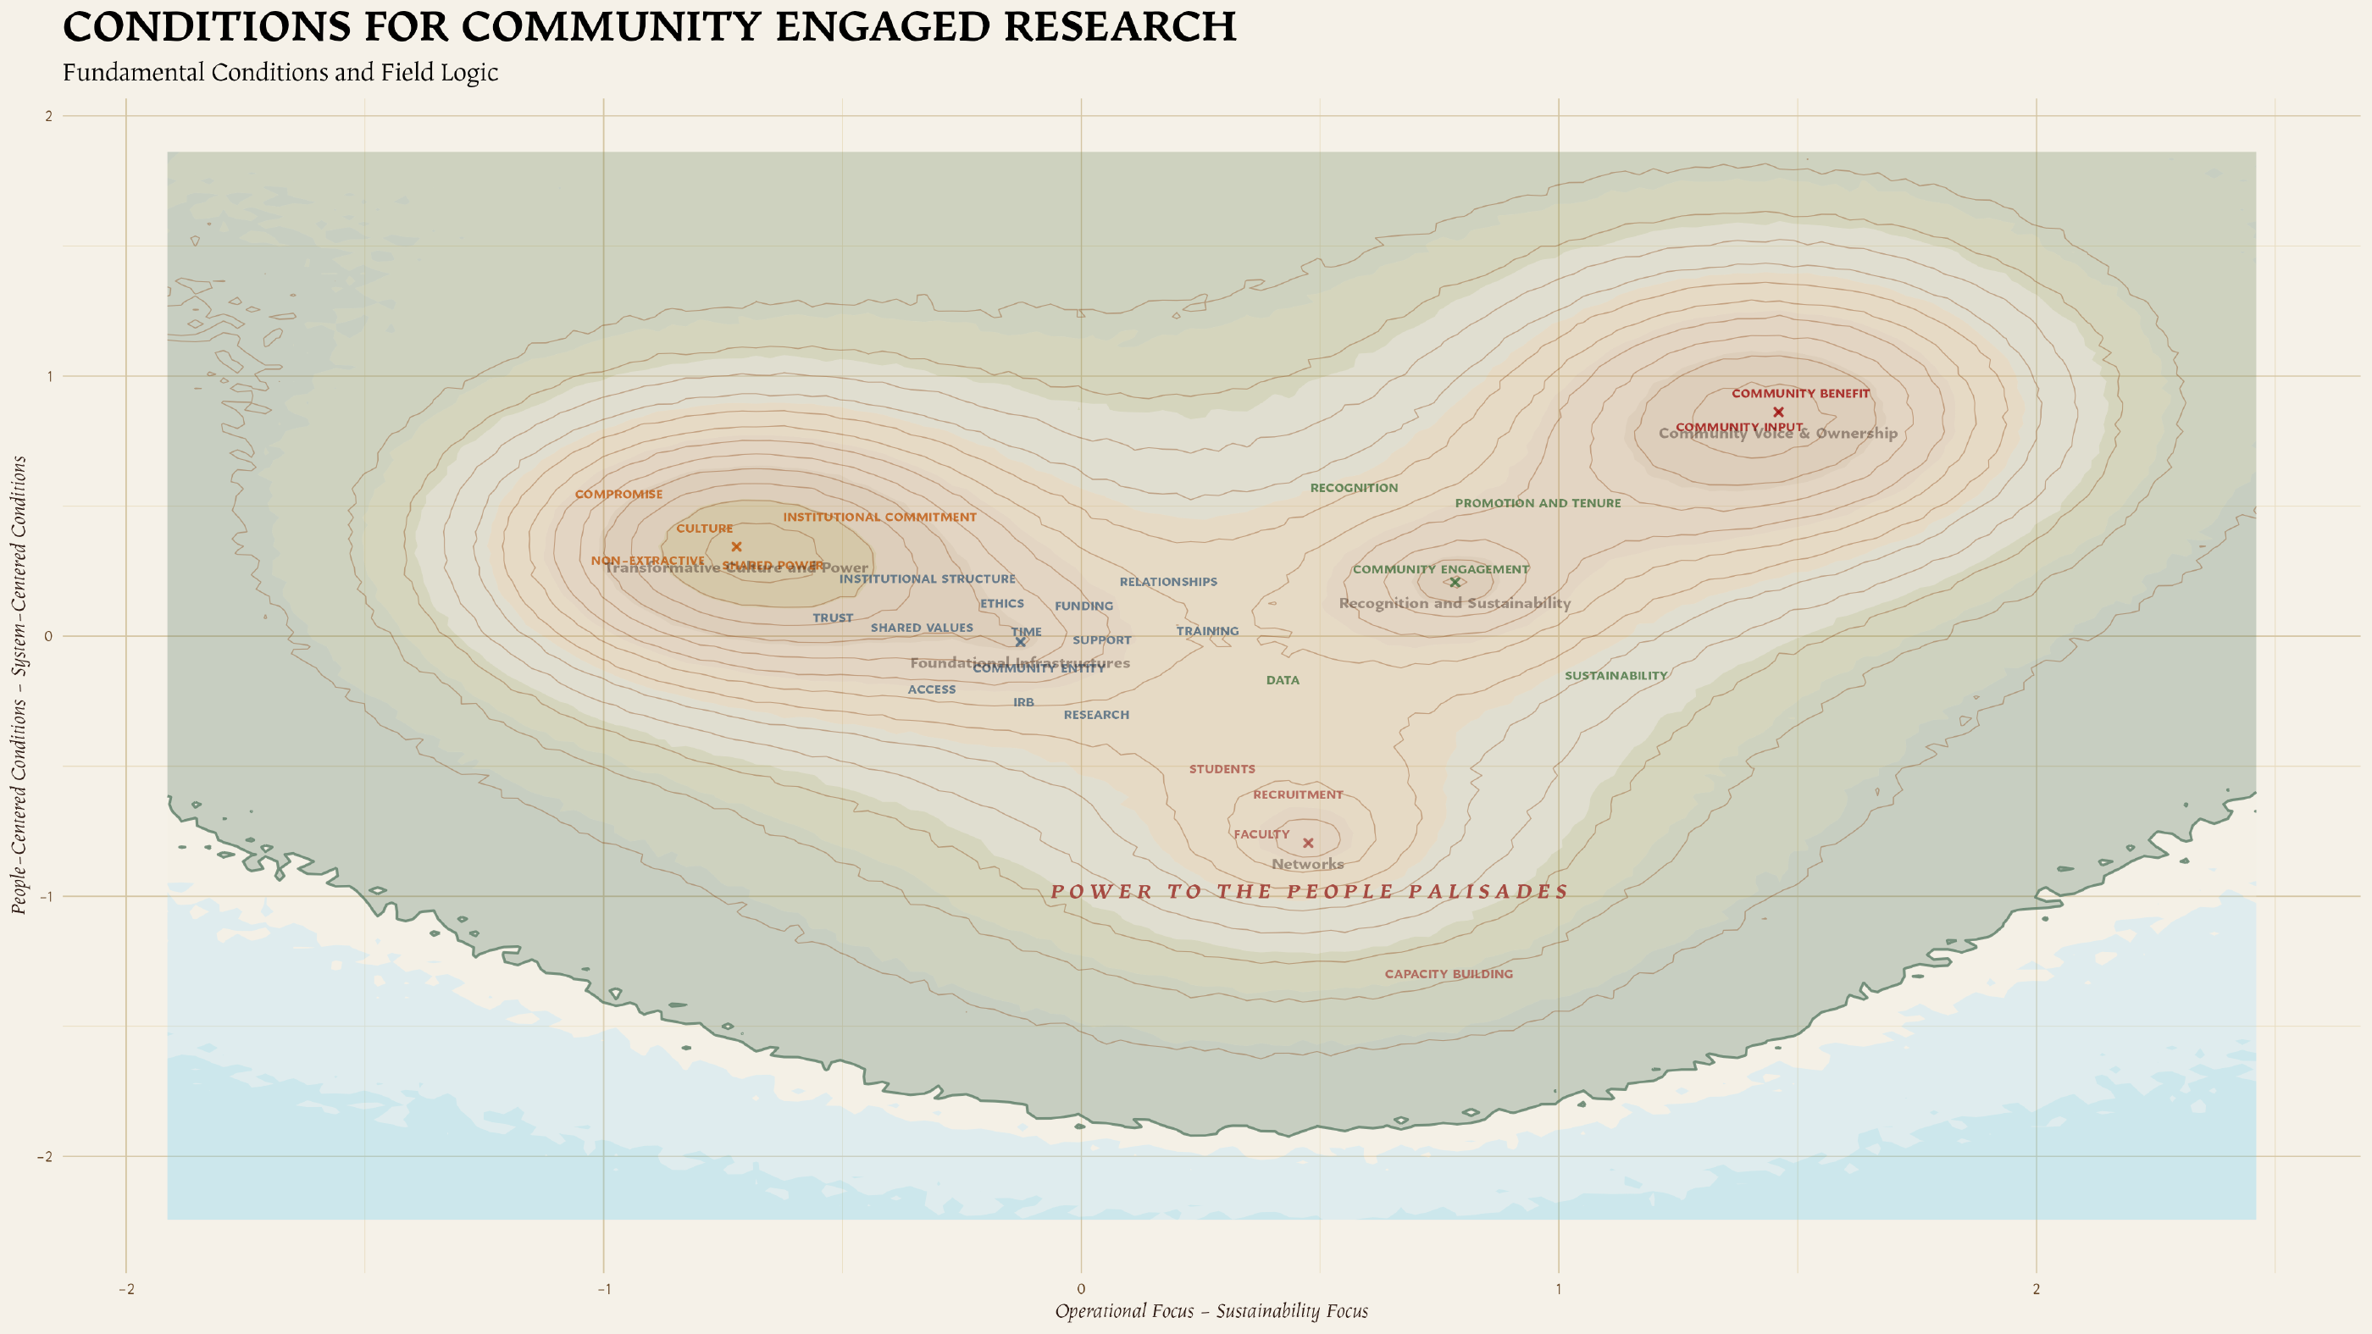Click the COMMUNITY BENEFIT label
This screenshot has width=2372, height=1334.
pos(1800,394)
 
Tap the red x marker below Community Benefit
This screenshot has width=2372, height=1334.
pos(1778,412)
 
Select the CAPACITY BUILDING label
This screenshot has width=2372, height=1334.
pos(1449,974)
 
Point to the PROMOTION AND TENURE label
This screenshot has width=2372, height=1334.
pos(1537,504)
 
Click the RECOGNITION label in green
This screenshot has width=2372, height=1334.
pos(1354,488)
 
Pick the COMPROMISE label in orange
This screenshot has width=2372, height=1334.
pos(618,495)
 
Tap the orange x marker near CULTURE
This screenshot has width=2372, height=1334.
pos(735,547)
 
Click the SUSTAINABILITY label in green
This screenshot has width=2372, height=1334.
pos(1616,676)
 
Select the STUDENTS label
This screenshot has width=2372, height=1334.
pos(1222,769)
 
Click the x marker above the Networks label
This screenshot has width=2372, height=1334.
pos(1307,844)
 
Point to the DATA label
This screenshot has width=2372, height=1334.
pos(1283,680)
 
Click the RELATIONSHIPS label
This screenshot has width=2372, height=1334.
pos(1167,582)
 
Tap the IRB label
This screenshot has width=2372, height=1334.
pos(1023,702)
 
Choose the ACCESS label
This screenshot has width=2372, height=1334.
pos(931,689)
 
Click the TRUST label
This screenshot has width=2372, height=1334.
pos(833,617)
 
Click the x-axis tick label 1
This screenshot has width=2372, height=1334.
pos(1558,1289)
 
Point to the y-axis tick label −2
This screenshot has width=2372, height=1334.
pos(44,1157)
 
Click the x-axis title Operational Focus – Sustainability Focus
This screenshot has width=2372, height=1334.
pos(1211,1311)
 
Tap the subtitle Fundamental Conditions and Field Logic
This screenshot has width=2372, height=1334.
pos(280,73)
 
